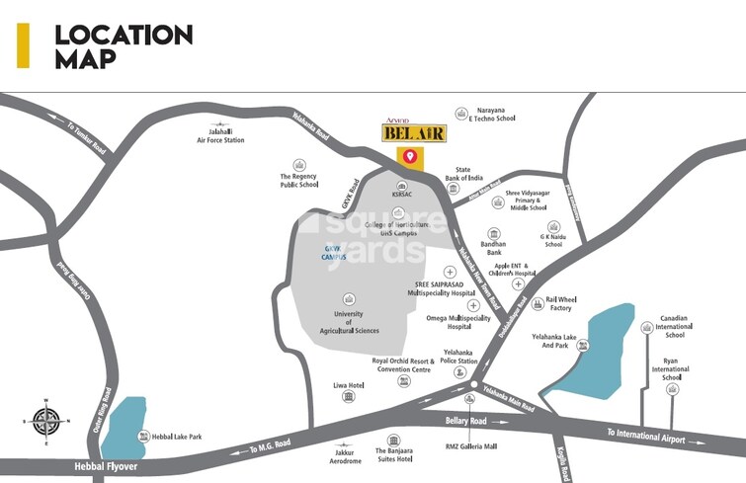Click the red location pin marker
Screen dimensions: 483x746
pos(407,156)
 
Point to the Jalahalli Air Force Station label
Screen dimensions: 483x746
pos(219,135)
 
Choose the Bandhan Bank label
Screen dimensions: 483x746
pos(493,248)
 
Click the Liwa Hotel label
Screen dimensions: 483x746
pos(349,385)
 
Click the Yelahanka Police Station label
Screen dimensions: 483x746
pos(457,358)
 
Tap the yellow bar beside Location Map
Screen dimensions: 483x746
pos(23,45)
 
